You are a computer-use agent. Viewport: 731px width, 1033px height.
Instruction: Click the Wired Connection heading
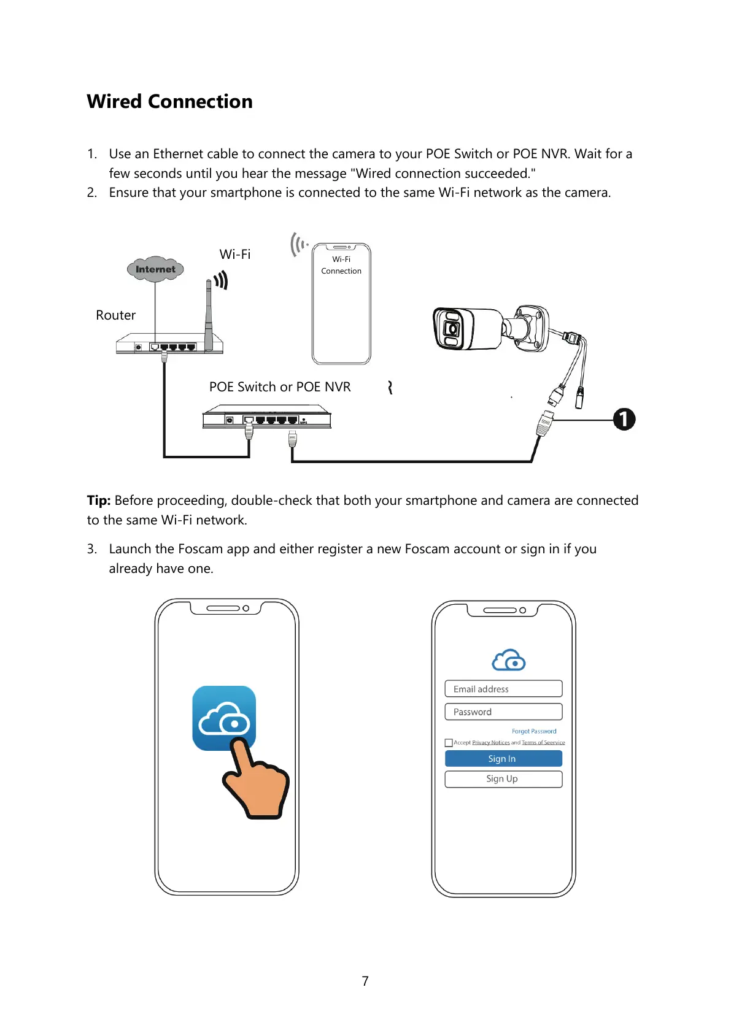pyautogui.click(x=169, y=101)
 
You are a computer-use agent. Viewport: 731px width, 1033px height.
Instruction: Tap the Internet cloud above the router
pyautogui.click(x=155, y=269)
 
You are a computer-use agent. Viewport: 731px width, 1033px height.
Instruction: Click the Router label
pyautogui.click(x=115, y=315)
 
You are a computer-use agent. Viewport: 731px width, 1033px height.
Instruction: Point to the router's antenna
pyautogui.click(x=209, y=313)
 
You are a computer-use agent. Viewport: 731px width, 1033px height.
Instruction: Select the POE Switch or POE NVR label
pyautogui.click(x=280, y=387)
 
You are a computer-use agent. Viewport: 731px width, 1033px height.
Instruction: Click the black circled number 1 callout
pyautogui.click(x=624, y=420)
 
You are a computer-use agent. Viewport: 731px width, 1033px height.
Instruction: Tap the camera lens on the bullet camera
pyautogui.click(x=452, y=329)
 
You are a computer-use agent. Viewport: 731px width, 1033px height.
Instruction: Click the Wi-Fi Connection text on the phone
pyautogui.click(x=341, y=265)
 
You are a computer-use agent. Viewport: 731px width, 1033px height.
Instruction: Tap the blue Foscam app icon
pyautogui.click(x=224, y=718)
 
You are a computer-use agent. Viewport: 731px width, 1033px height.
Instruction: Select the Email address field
pyautogui.click(x=503, y=689)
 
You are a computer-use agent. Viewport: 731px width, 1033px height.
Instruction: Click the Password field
pyautogui.click(x=503, y=712)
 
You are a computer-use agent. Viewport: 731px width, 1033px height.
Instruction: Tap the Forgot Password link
pyautogui.click(x=534, y=731)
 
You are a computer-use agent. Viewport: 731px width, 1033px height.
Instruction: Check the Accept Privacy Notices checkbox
pyautogui.click(x=449, y=743)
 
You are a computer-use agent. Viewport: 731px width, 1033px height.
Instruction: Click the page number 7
pyautogui.click(x=365, y=981)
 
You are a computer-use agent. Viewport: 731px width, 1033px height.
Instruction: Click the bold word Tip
pyautogui.click(x=98, y=501)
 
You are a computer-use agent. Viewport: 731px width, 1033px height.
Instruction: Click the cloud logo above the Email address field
pyautogui.click(x=509, y=660)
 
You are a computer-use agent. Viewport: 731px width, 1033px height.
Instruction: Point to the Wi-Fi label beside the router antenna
pyautogui.click(x=235, y=255)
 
